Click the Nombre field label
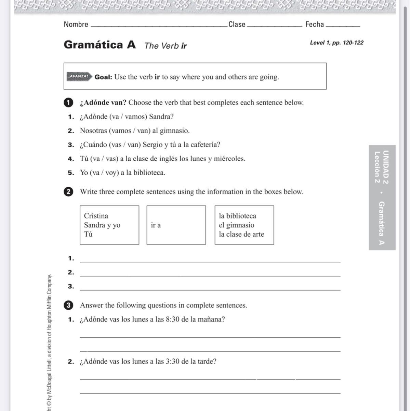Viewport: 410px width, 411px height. coord(76,24)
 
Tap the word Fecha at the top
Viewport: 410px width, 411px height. coord(315,24)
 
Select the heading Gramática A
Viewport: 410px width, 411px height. coord(100,45)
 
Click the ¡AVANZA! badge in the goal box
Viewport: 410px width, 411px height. coord(79,76)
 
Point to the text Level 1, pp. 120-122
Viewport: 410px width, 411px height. coord(336,43)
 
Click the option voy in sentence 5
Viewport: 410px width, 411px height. coord(111,173)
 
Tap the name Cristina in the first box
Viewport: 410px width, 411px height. coord(96,216)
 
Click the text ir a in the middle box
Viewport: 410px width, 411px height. coord(156,225)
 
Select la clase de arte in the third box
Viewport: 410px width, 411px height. coord(241,234)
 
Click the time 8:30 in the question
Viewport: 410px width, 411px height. coord(173,320)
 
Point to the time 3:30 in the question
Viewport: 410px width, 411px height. coord(173,362)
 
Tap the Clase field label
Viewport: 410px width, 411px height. coord(237,24)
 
